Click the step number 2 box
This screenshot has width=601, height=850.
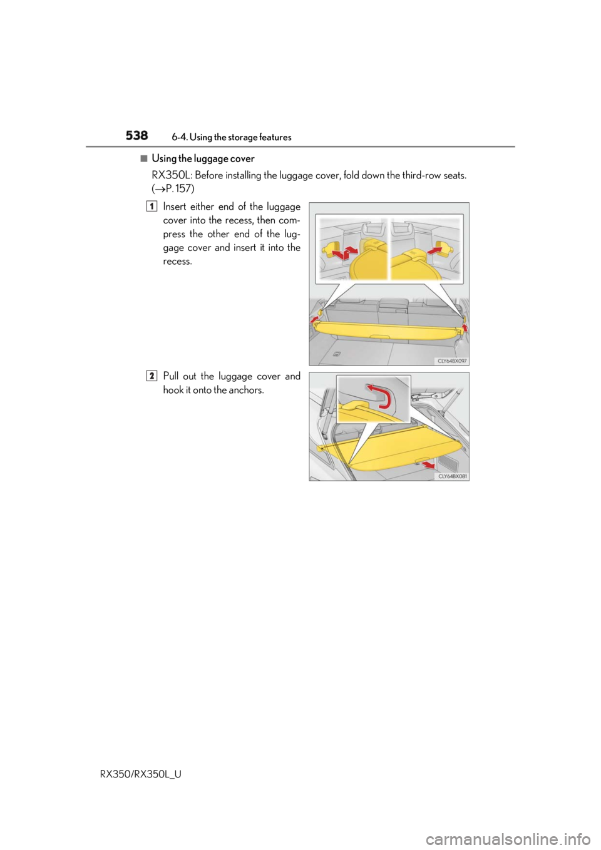(x=152, y=376)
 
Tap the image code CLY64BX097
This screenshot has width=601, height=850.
(x=452, y=361)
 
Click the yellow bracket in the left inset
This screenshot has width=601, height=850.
(x=331, y=250)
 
